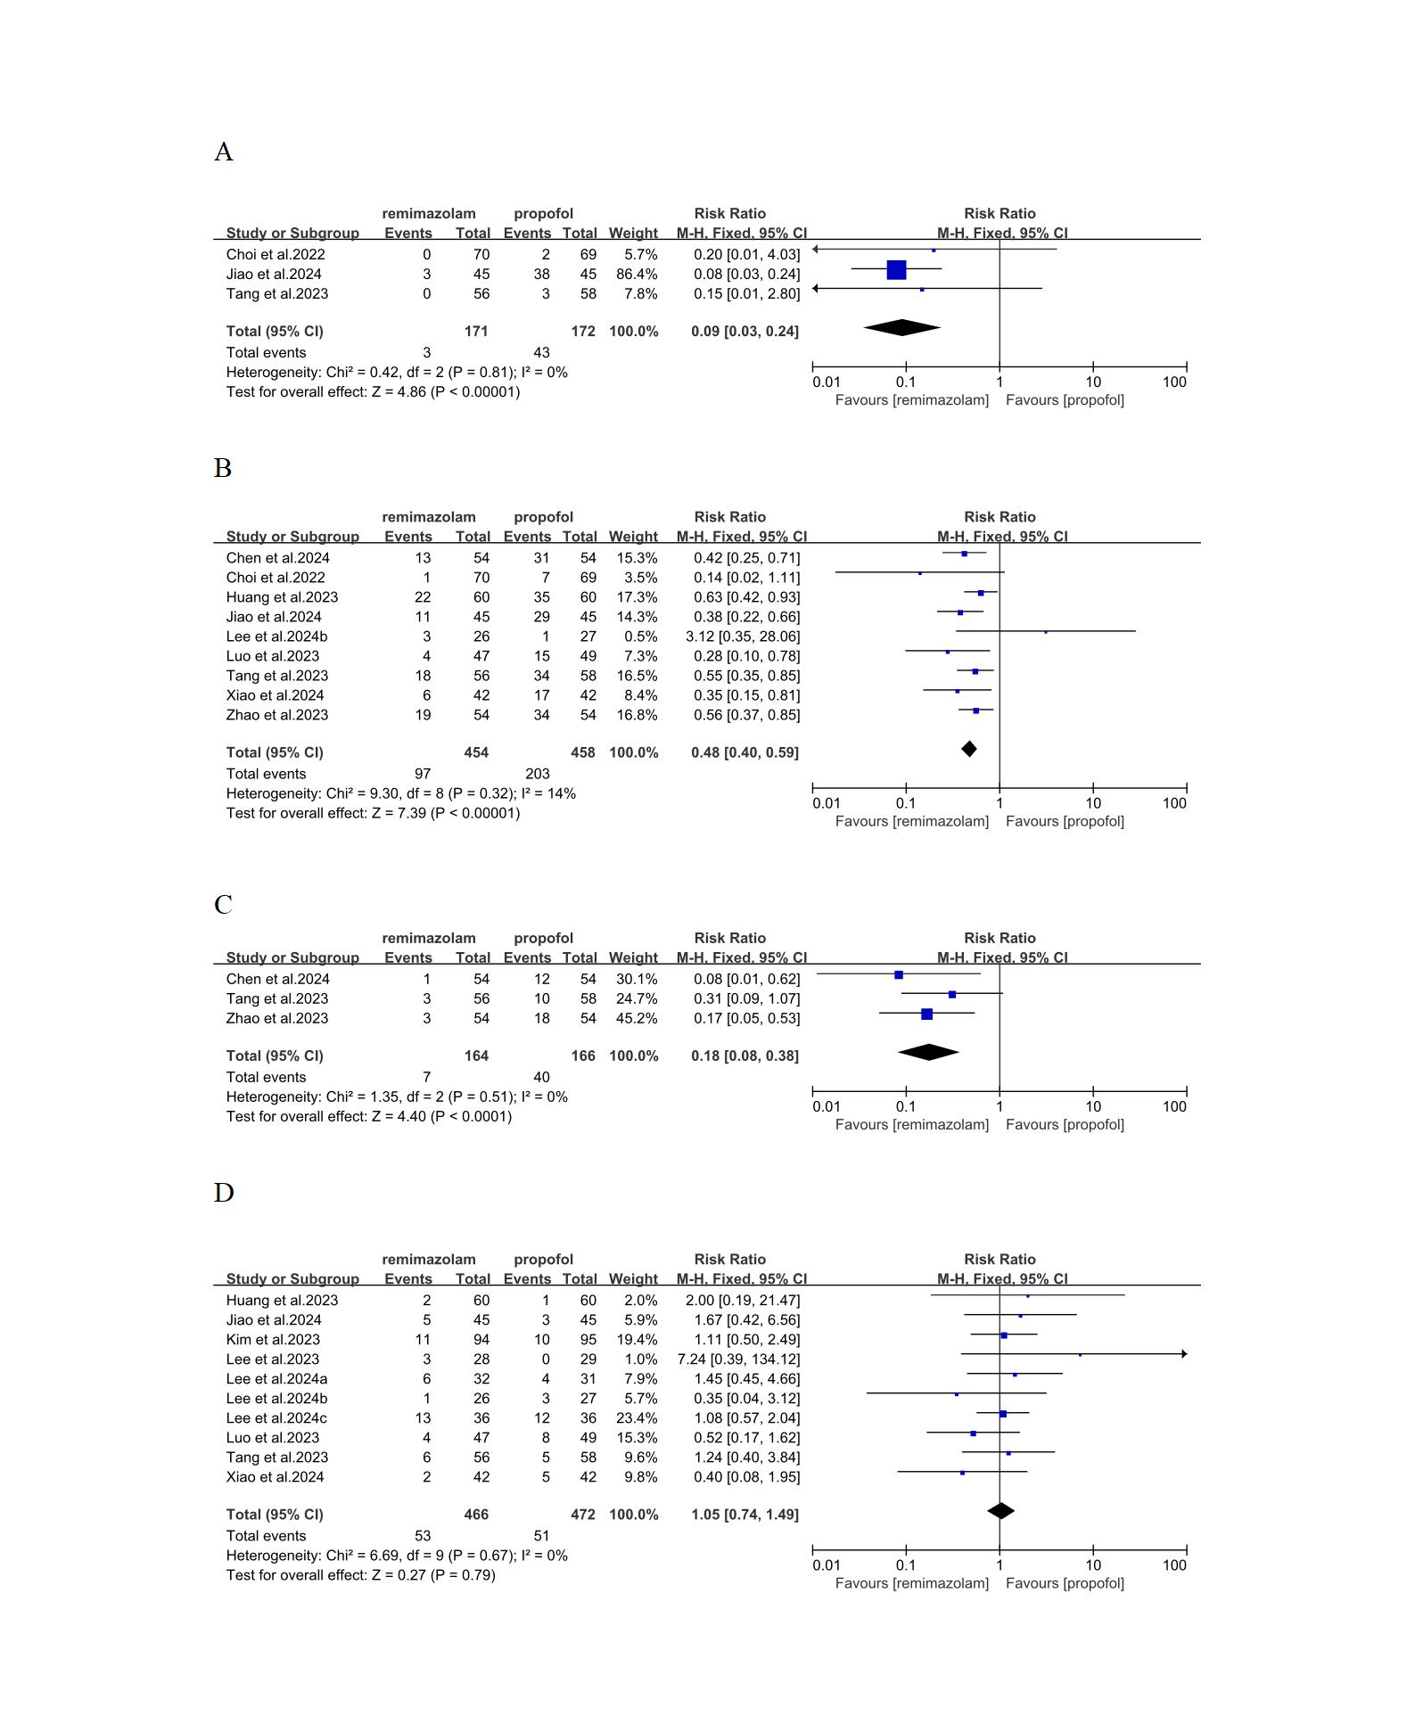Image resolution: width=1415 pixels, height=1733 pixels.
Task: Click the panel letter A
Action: point(223,152)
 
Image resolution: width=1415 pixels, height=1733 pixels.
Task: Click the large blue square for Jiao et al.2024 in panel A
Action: point(896,269)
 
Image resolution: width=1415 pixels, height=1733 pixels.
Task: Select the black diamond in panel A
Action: point(901,328)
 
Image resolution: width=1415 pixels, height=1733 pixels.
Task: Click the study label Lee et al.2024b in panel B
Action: point(276,637)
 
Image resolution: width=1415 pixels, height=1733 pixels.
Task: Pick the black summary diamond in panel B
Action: point(969,749)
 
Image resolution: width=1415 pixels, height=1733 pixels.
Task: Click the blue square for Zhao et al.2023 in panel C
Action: point(926,1014)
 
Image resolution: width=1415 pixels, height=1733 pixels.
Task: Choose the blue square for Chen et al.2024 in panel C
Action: point(899,975)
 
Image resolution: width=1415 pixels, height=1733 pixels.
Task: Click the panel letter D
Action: point(224,1193)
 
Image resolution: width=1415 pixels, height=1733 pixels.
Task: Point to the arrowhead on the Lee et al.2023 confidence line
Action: point(1184,1354)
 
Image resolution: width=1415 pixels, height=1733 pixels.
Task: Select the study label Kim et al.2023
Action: point(273,1340)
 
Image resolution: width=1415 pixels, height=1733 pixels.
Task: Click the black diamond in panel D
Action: point(1001,1511)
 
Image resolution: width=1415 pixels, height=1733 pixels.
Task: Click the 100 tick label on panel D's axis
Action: point(1174,1565)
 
